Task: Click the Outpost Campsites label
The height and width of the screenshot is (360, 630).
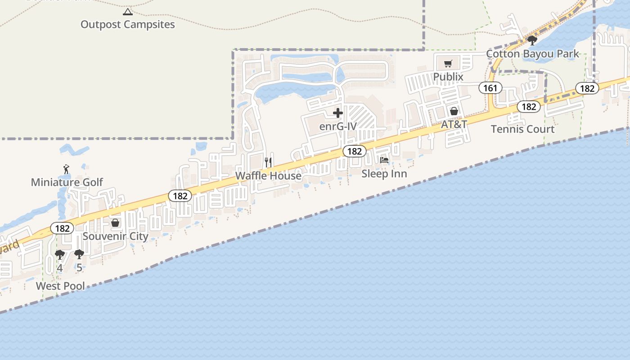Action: pyautogui.click(x=127, y=24)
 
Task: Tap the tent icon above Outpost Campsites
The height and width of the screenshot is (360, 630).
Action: pyautogui.click(x=128, y=12)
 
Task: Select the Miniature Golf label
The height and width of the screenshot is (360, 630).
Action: pyautogui.click(x=67, y=182)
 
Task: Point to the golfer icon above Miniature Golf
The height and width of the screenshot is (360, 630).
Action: pyautogui.click(x=67, y=170)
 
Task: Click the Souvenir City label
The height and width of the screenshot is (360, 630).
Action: pyautogui.click(x=115, y=236)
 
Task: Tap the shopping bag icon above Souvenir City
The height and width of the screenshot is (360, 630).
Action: pyautogui.click(x=115, y=223)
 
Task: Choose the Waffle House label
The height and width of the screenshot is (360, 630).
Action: pyautogui.click(x=268, y=175)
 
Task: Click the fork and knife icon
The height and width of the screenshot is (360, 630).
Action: pyautogui.click(x=268, y=162)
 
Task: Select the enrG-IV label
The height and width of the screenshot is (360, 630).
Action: pyautogui.click(x=338, y=126)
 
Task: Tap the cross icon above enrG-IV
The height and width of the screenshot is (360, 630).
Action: pyautogui.click(x=338, y=113)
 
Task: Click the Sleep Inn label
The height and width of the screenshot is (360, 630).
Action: pyautogui.click(x=384, y=174)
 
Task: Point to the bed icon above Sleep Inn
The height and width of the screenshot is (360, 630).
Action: pyautogui.click(x=384, y=160)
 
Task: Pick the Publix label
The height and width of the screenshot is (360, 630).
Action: pyautogui.click(x=448, y=77)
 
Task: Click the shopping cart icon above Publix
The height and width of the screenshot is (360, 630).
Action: pyautogui.click(x=448, y=64)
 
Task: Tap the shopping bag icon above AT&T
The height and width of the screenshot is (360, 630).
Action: pyautogui.click(x=454, y=111)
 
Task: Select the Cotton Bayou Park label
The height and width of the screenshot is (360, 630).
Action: pyautogui.click(x=533, y=54)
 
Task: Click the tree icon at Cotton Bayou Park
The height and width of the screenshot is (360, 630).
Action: pyautogui.click(x=532, y=40)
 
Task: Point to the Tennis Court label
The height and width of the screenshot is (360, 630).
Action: pyautogui.click(x=522, y=129)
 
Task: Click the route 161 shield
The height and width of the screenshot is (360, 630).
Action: pyautogui.click(x=490, y=88)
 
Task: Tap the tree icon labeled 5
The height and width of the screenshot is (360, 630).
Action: pyautogui.click(x=79, y=255)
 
